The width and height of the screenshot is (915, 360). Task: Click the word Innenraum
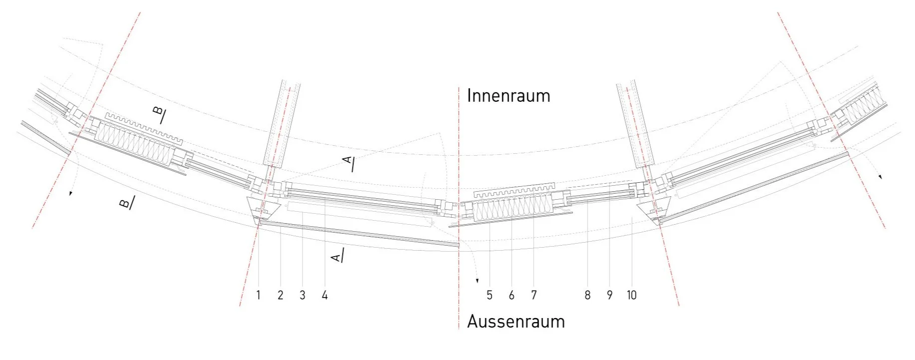coord(508,96)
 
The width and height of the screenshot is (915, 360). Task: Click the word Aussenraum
coord(516,322)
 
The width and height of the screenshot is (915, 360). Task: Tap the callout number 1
coord(258,296)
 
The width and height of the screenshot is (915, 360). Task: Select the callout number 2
coord(280,296)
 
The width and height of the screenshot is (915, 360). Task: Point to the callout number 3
coord(302,296)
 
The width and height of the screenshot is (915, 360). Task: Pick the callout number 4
coord(324,296)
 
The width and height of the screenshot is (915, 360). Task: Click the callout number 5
coord(489,296)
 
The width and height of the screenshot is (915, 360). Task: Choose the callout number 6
coord(511,296)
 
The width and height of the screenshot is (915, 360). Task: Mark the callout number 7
coord(534,296)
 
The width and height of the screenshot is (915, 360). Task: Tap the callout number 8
coord(587,296)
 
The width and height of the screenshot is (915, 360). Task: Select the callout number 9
coord(609,296)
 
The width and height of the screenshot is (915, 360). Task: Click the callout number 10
coord(631,296)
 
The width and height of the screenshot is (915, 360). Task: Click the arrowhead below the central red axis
coord(477,281)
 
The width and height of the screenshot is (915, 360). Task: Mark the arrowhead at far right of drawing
coord(880,177)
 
